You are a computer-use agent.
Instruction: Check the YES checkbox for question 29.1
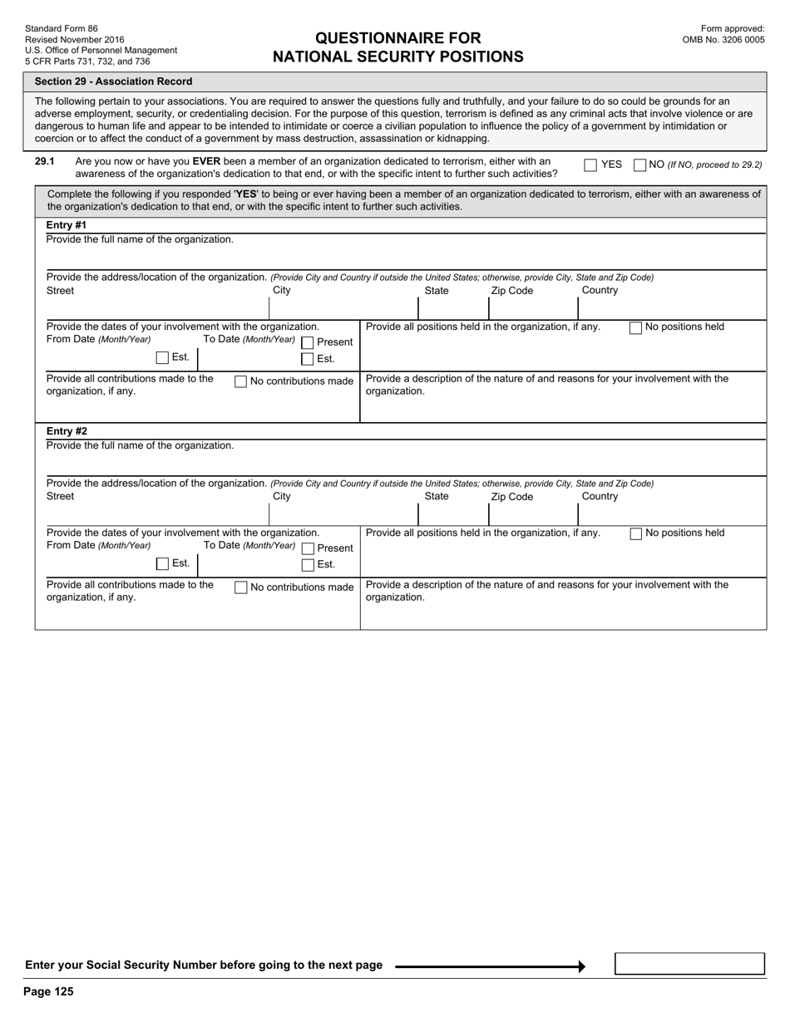(590, 165)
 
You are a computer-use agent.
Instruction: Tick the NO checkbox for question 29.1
(639, 165)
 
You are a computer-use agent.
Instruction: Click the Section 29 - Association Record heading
(113, 81)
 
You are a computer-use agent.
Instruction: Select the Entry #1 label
(67, 225)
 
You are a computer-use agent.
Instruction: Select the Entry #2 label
(67, 431)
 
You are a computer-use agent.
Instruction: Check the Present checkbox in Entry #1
(308, 342)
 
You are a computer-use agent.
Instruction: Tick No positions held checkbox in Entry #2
(636, 534)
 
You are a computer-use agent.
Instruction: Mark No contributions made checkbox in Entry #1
(241, 382)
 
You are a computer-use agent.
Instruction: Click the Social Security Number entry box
(689, 964)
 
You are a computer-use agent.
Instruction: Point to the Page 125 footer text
(48, 991)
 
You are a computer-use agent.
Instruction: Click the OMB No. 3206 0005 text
(723, 39)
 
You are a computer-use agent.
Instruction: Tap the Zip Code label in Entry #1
(512, 291)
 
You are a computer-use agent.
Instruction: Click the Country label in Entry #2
(600, 496)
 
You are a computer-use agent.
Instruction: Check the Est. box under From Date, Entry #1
(162, 358)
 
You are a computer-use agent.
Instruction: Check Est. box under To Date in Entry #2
(308, 565)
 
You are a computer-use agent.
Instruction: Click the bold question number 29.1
(45, 161)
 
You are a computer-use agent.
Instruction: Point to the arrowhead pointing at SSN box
(581, 966)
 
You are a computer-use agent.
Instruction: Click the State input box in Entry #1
(452, 308)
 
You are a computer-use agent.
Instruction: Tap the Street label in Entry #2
(60, 496)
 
